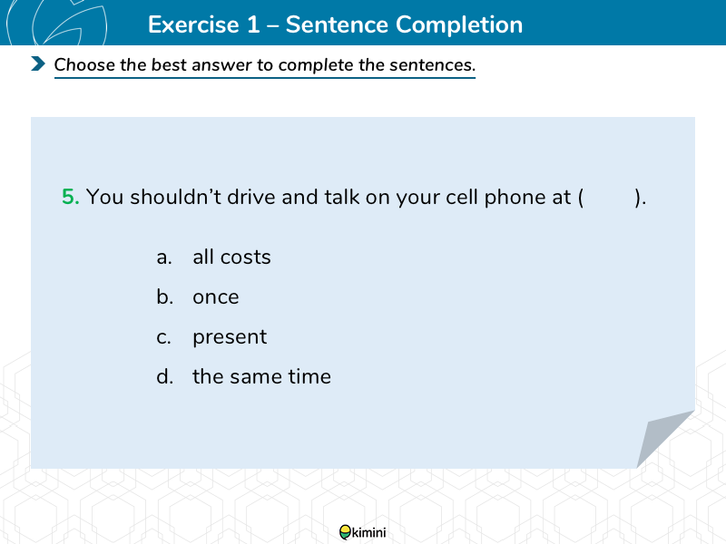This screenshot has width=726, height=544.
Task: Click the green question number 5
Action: tap(71, 197)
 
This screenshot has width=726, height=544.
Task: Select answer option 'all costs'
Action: tap(231, 257)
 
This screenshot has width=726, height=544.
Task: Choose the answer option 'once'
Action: tap(216, 297)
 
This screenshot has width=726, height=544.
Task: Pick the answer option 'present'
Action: tap(230, 337)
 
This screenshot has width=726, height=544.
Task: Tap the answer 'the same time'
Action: tap(262, 376)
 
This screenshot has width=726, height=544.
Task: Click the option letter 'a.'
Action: tap(164, 257)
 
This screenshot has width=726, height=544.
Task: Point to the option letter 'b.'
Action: tap(165, 296)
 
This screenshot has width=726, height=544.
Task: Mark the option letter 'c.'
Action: tap(163, 337)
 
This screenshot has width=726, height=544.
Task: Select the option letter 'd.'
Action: tap(165, 376)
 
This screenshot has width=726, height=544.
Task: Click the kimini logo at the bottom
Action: tap(362, 532)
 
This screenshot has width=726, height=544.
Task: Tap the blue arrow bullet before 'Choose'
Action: tap(38, 63)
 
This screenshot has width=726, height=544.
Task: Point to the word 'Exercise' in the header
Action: tap(193, 24)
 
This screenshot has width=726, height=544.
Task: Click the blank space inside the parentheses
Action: tap(609, 198)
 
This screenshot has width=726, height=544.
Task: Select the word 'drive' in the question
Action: tap(251, 197)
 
